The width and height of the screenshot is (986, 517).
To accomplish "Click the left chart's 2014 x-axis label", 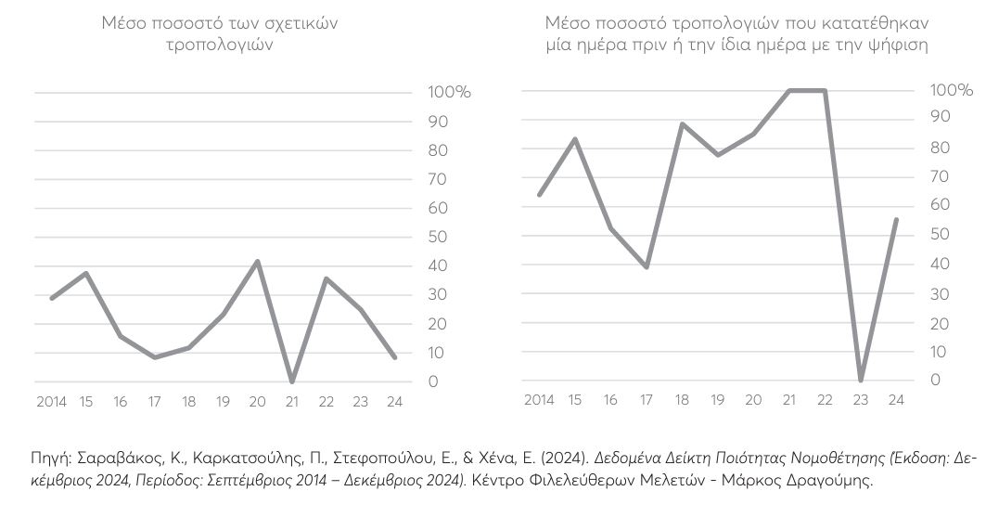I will click(51, 402).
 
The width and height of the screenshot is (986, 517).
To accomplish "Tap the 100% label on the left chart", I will click(449, 93).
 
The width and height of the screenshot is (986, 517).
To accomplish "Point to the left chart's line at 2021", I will click(292, 381).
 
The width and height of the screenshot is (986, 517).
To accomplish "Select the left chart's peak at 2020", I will click(257, 262).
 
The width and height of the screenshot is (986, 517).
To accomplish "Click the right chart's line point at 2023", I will click(862, 380).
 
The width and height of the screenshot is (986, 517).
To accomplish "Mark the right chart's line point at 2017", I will click(646, 267).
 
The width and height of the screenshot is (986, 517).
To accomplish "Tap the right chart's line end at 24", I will click(896, 220).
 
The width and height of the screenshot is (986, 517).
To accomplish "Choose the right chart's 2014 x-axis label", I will click(539, 400).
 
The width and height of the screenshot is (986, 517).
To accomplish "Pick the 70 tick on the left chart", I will click(436, 179).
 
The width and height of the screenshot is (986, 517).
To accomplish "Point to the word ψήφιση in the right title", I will click(902, 44).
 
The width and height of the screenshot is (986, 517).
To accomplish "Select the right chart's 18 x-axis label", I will click(682, 400).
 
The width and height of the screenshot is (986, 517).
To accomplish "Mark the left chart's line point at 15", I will click(86, 274).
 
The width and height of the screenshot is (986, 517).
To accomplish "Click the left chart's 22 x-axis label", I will click(327, 402).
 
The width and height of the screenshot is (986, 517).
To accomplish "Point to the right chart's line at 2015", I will click(574, 139).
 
